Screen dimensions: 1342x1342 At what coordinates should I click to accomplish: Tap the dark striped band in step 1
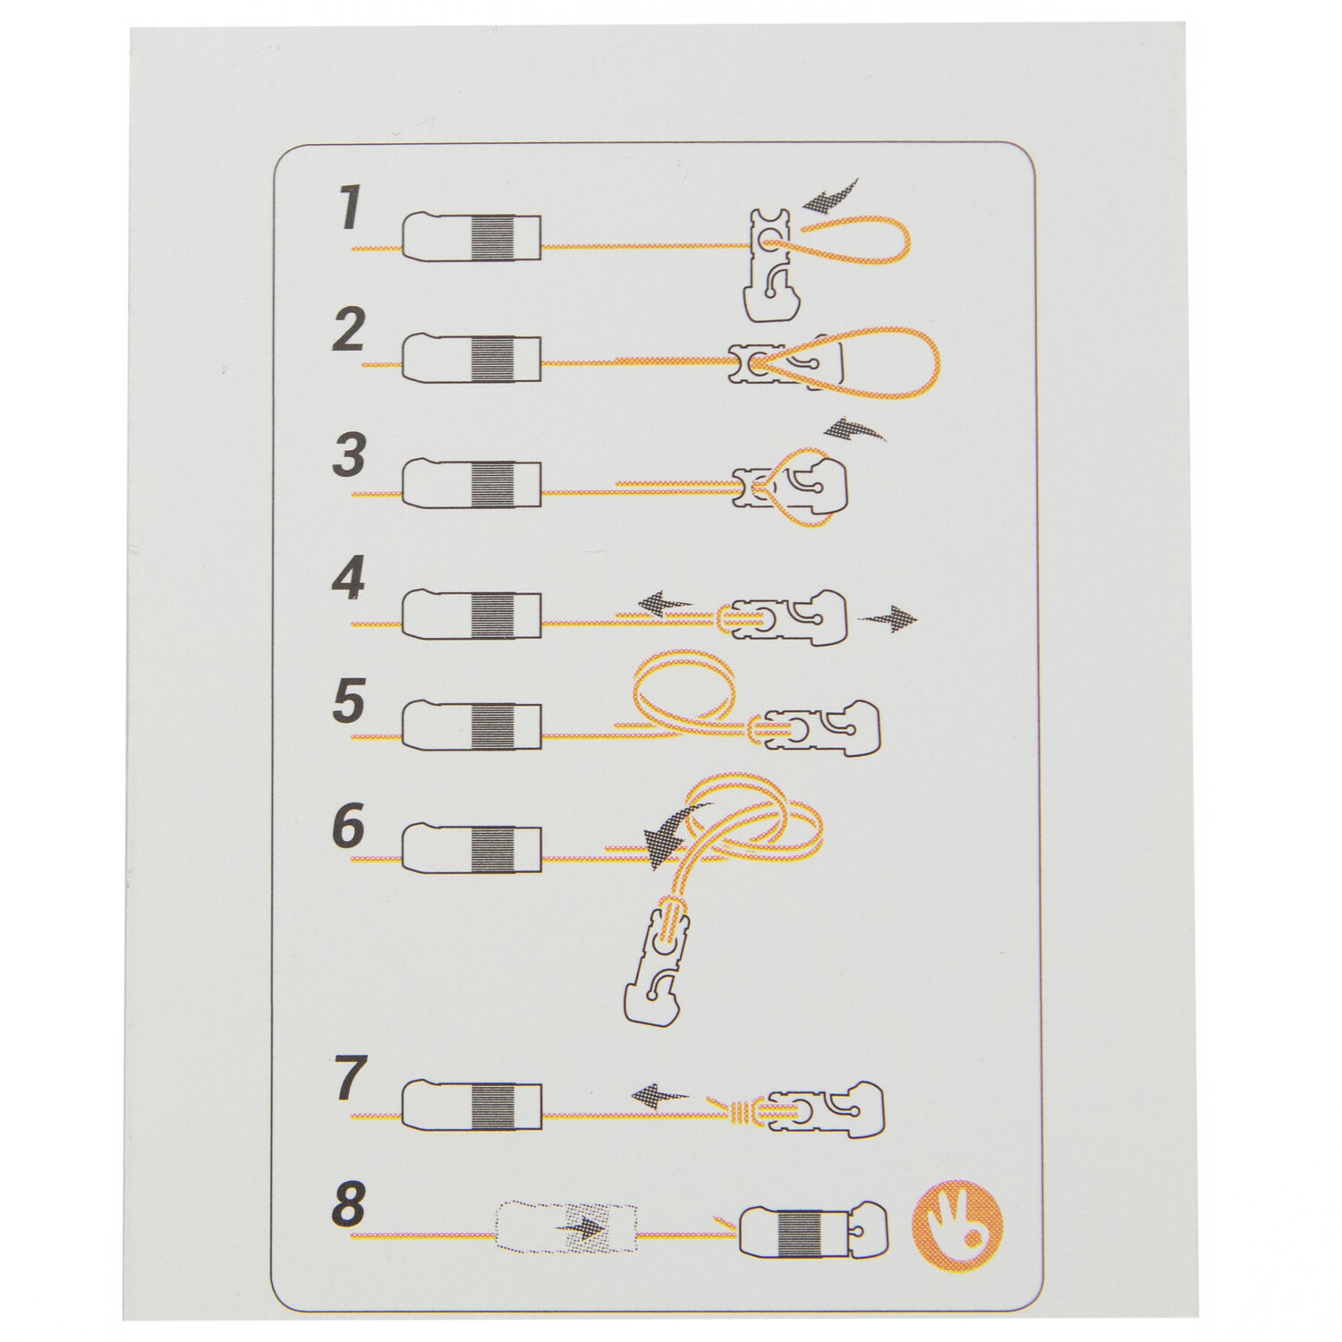[491, 237]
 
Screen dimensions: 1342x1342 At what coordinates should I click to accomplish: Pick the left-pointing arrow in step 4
[666, 604]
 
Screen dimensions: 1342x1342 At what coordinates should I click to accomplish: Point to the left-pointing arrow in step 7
[659, 1093]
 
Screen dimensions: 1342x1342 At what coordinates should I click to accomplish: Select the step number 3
[348, 454]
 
